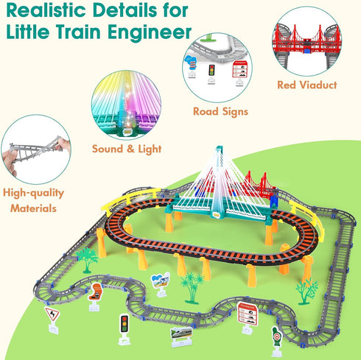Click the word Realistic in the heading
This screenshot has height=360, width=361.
pos(46,10)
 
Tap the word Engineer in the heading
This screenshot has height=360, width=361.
pos(150,32)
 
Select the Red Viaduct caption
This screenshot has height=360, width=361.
pos(307,85)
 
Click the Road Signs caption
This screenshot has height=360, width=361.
pos(220,112)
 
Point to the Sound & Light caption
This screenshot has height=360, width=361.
pos(127,149)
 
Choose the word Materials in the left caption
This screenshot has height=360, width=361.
pos(33,208)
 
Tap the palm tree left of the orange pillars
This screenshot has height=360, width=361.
pos(87,260)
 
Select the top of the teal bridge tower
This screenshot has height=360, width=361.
pos(219,148)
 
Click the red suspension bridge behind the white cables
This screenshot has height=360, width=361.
pos(258,185)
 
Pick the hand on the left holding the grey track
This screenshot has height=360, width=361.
pos(10,161)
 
